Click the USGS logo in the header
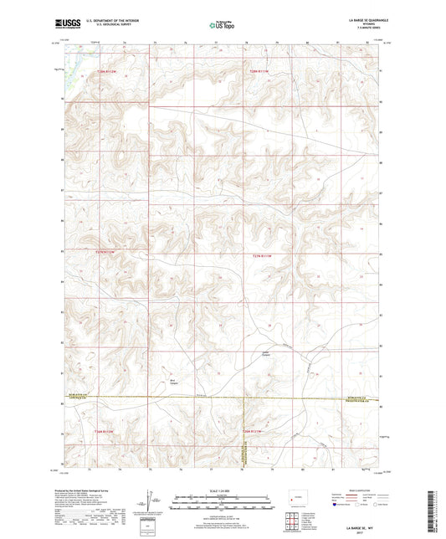click(64, 24)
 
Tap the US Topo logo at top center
click(222, 26)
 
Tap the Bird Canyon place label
click(174, 381)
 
